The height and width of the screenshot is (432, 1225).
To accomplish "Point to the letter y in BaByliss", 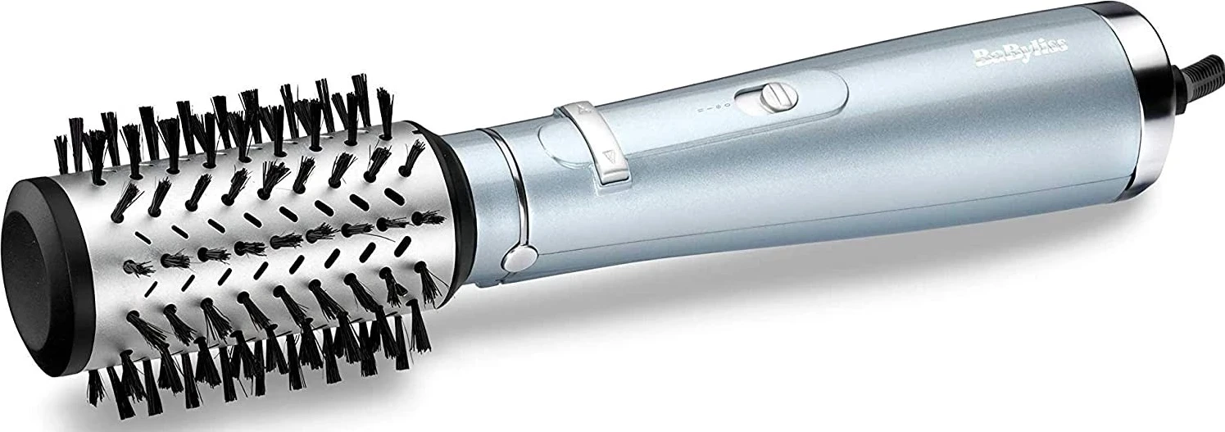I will pos(1024,55).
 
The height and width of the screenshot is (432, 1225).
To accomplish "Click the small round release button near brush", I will pos(515,261).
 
